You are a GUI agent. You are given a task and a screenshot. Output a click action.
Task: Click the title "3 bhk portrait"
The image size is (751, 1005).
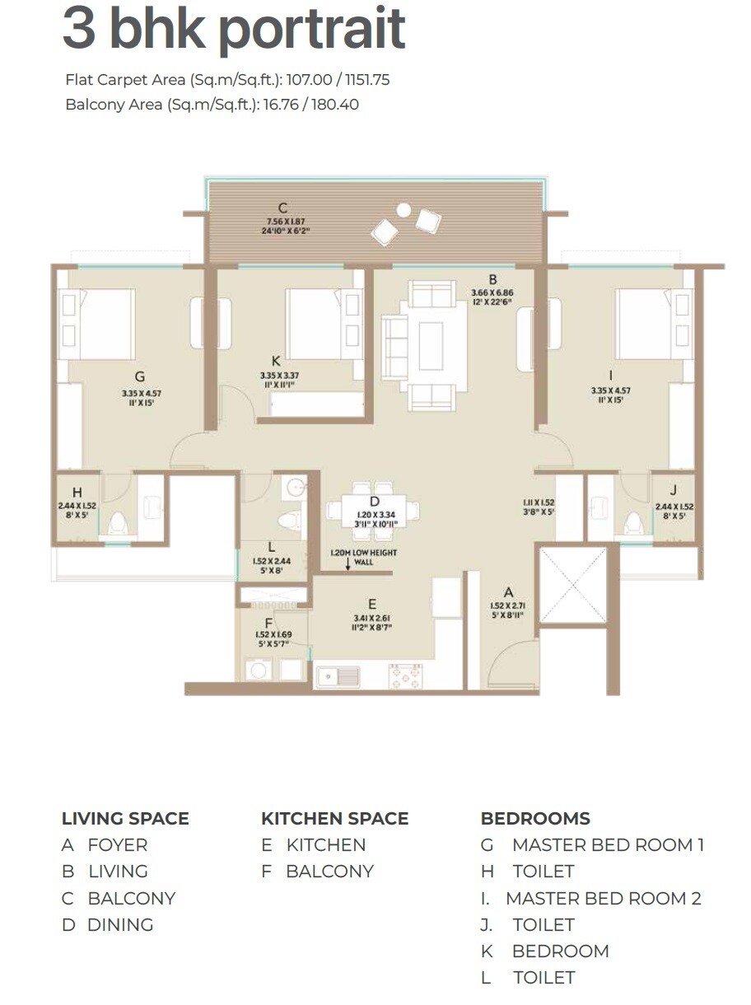coord(234,30)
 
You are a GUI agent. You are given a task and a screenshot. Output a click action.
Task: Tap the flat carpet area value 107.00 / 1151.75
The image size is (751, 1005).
coord(338,81)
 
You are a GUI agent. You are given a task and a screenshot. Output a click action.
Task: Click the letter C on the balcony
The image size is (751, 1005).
coord(282,208)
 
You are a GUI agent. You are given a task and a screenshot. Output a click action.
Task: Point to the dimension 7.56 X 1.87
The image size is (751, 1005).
coord(282,222)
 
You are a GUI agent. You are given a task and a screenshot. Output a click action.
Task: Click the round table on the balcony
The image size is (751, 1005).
coord(403,209)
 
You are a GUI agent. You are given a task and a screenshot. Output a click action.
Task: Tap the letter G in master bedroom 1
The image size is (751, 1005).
coord(140,377)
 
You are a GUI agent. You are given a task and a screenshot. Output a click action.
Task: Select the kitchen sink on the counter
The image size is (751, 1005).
coord(338,676)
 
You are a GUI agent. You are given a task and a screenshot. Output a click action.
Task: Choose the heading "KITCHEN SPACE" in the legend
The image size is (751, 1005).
coord(334,819)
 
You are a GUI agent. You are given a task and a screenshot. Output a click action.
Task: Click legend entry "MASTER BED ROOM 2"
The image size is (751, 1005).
coord(603,898)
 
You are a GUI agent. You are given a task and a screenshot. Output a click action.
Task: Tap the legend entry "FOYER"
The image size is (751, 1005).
coord(118,845)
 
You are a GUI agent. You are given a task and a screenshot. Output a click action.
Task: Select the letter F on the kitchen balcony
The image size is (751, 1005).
coord(268,622)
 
